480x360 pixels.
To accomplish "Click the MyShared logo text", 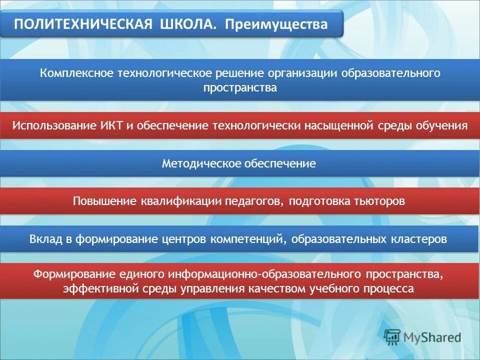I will (432, 337).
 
